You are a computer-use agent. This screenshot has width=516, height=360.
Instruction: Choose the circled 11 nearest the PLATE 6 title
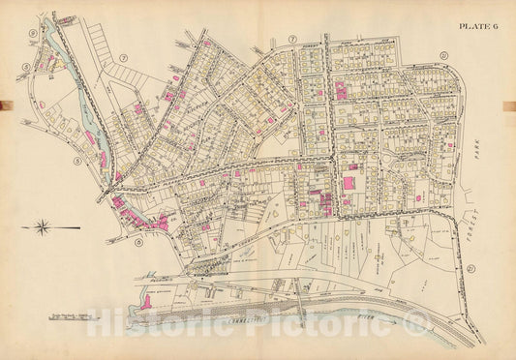tap(444, 53)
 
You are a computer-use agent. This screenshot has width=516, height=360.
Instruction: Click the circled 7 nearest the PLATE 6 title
tap(290, 40)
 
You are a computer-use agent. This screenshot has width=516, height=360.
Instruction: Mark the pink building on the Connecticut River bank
tap(146, 301)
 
